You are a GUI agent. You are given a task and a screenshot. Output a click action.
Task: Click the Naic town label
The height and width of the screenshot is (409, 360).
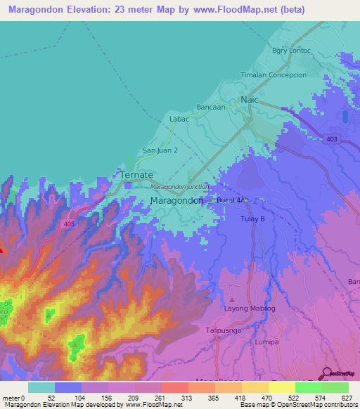(250, 100)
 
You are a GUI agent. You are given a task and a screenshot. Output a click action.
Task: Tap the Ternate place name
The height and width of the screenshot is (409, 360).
(136, 174)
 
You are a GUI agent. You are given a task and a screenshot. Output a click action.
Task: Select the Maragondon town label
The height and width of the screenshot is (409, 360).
(177, 200)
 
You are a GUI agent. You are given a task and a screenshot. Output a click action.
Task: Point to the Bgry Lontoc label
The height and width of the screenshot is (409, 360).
(291, 51)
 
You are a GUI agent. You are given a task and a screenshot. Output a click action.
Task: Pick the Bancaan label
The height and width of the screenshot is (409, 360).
(211, 107)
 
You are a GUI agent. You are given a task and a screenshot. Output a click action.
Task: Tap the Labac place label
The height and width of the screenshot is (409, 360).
(180, 120)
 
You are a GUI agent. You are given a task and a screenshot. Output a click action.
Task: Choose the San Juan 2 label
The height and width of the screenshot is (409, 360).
(160, 150)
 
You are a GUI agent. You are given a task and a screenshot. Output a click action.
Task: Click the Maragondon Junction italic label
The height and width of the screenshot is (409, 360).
(179, 187)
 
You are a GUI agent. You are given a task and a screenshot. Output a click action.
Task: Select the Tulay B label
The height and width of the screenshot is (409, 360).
(252, 219)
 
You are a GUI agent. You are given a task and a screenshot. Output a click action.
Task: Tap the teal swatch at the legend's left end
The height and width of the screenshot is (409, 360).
(41, 387)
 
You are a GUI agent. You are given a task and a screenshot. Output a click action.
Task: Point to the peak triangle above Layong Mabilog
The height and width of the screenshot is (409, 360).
(232, 300)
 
